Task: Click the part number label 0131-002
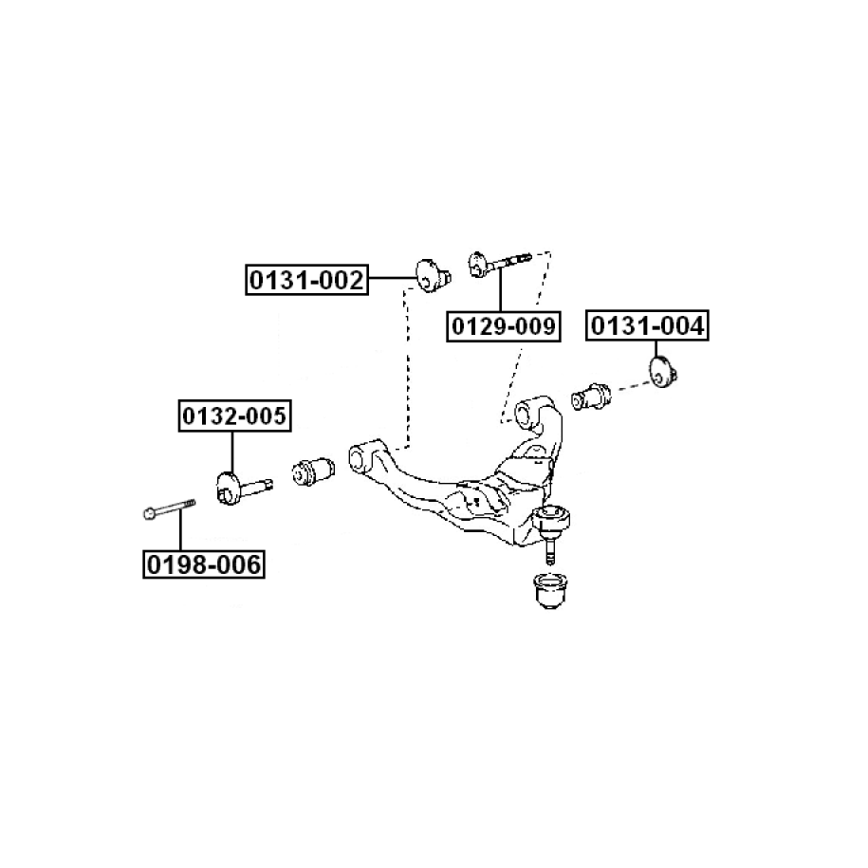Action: pos(306,280)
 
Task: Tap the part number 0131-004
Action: pos(648,326)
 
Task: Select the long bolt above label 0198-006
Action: pos(169,512)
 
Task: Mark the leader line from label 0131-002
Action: pos(392,278)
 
